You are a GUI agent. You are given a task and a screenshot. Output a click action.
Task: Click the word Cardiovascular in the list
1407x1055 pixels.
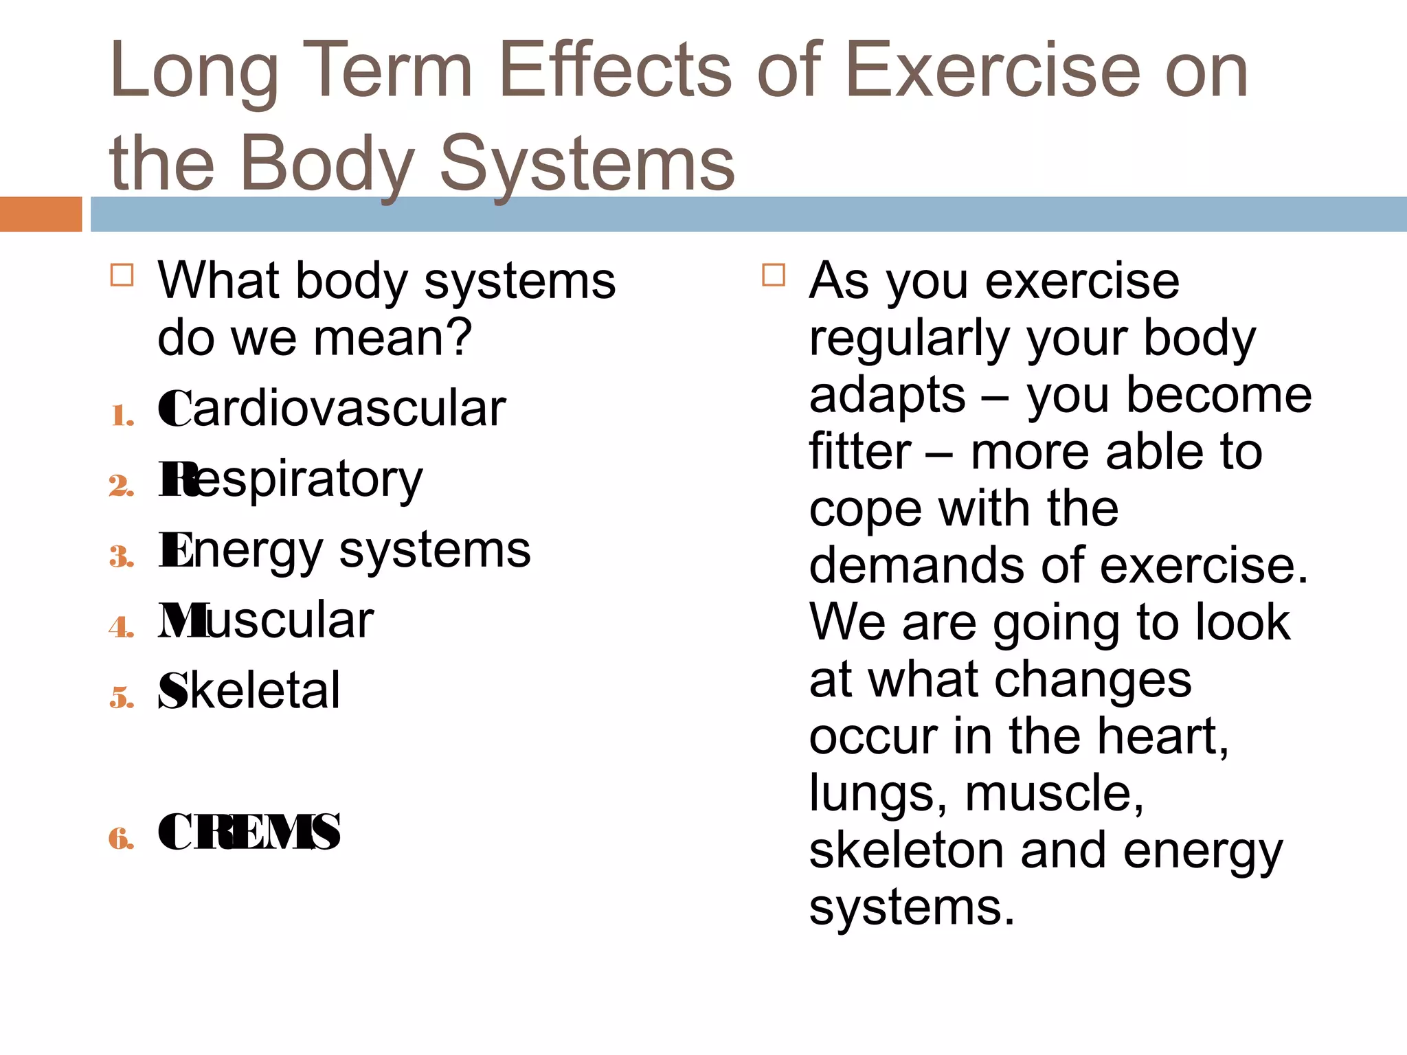click(x=332, y=409)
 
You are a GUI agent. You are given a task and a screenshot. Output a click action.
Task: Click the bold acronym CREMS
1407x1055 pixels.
click(x=249, y=832)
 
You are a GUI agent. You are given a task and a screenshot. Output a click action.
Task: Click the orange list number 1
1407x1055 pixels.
click(x=122, y=416)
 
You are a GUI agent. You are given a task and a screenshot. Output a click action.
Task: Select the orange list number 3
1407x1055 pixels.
click(x=122, y=556)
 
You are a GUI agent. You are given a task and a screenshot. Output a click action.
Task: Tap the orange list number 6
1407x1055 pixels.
click(x=122, y=838)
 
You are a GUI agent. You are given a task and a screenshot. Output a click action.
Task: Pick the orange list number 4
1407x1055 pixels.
click(x=122, y=627)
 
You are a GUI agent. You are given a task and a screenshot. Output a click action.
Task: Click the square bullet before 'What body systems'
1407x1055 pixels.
click(x=122, y=275)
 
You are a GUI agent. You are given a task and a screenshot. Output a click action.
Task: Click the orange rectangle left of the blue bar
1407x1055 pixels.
click(x=41, y=214)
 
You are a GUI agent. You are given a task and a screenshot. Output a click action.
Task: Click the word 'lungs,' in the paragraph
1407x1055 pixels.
click(x=877, y=793)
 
